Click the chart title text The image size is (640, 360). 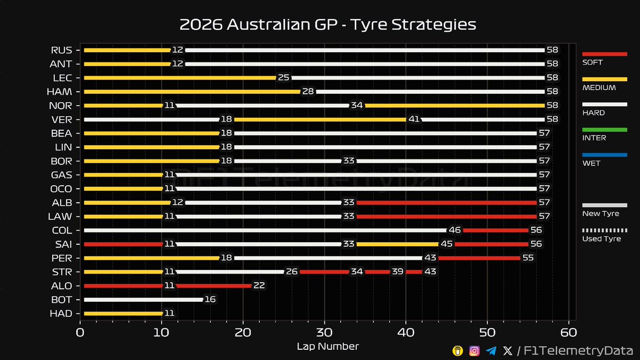[x=327, y=25]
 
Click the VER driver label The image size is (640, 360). [x=62, y=119]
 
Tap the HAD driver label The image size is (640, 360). [x=62, y=314]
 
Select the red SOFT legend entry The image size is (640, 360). [x=604, y=54]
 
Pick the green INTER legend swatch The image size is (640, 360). [x=604, y=130]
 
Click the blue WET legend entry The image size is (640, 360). [x=604, y=155]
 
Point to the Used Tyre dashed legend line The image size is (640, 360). [x=604, y=230]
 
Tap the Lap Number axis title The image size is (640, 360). [x=327, y=347]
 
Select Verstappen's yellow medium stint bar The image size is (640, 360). [x=320, y=119]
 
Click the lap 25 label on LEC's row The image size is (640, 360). [x=283, y=78]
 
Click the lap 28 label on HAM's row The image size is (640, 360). [x=308, y=92]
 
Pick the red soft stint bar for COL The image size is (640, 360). [x=495, y=230]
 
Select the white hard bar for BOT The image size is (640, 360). [x=143, y=300]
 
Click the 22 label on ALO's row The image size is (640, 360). [x=259, y=286]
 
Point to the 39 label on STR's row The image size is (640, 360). [x=397, y=272]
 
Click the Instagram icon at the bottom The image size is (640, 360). [x=474, y=350]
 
